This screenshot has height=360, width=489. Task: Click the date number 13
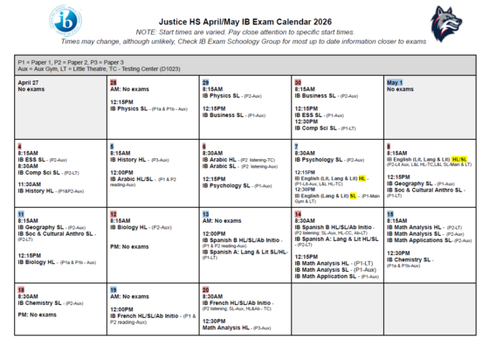coord(205,214)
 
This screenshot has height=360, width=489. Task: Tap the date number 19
coord(114,288)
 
